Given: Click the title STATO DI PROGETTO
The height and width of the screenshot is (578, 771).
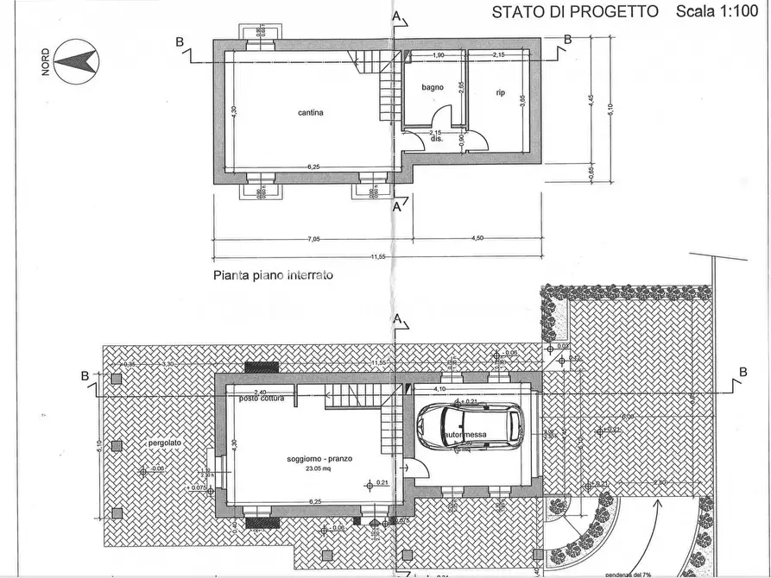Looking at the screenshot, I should point(575,11).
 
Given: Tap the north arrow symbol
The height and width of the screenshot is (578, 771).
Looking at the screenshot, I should point(74,60).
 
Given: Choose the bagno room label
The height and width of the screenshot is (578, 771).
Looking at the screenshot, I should point(433,87).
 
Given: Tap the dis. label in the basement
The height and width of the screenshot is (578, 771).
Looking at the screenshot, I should point(436,138).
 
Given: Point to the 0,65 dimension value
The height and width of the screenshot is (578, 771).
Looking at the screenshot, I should point(591,171).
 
